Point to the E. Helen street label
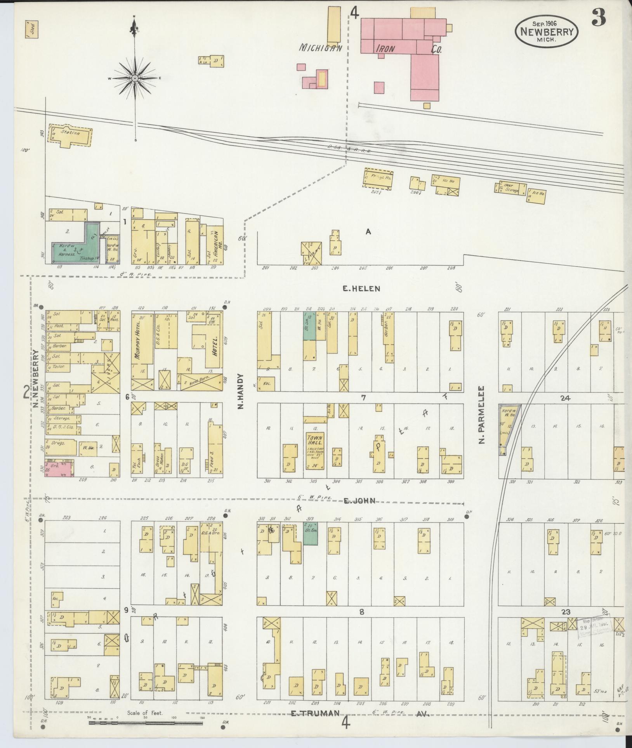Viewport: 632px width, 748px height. click(x=361, y=288)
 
